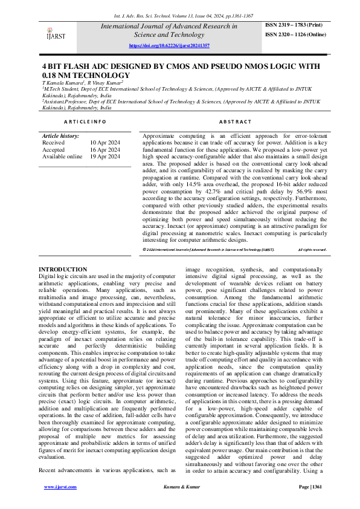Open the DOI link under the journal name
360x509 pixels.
point(170,46)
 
